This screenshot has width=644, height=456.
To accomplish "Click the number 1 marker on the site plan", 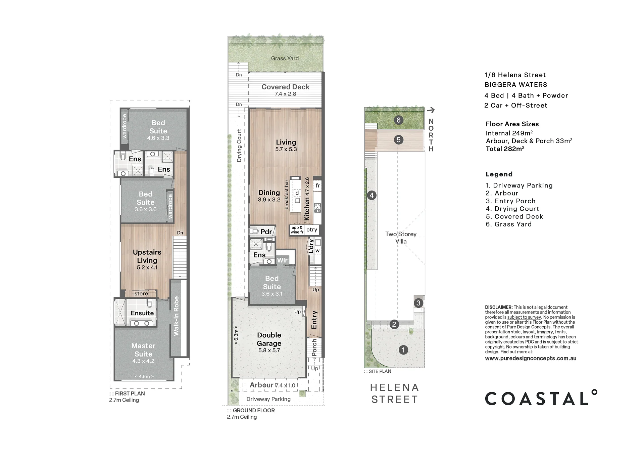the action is coord(403,350).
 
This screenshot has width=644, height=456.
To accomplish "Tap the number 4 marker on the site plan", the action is coord(371,195).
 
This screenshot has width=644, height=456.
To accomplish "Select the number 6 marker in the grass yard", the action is coord(398,120).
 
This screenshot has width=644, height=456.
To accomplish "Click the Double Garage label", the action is coord(269,339).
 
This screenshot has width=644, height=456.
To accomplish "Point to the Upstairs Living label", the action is coord(147,256).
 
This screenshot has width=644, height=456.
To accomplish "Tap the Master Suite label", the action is coord(143,350).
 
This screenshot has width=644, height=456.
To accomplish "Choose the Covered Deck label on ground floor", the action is coord(285,87).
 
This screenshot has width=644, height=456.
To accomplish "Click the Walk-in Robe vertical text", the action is coord(176,316).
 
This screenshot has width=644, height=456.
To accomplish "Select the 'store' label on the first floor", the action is coord(141,294).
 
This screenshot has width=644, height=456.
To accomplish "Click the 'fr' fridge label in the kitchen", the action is coord(317,185).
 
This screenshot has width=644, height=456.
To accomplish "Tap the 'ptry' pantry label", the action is coord(312,230).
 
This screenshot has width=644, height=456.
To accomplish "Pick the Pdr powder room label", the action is coord(266,232).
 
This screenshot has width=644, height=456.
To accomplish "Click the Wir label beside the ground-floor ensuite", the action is coord(282,260).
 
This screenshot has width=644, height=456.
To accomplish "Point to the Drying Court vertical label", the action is coord(239,146).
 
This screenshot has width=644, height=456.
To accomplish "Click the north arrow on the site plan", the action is coord(431,110).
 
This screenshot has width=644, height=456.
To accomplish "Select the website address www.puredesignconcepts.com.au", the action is coord(531,358).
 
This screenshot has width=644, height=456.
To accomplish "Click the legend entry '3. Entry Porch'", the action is coord(510,201).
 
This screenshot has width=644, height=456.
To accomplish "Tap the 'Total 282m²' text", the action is coord(505,149).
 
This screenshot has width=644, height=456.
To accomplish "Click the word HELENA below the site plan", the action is coord(395,387).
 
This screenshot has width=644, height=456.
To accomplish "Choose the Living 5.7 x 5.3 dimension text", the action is coord(286,149).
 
